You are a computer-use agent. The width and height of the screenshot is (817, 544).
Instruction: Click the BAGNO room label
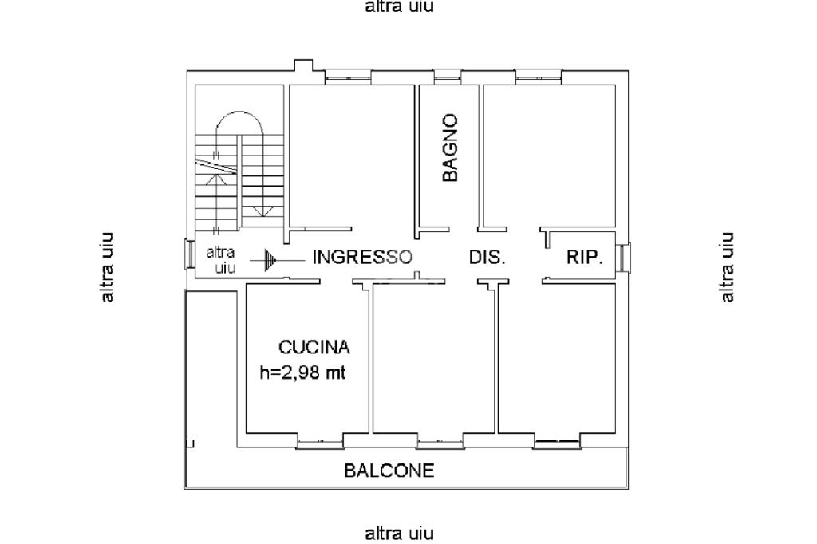click(x=450, y=148)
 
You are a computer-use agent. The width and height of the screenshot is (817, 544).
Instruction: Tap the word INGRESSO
click(x=362, y=257)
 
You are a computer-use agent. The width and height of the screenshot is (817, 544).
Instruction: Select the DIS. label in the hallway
click(x=487, y=257)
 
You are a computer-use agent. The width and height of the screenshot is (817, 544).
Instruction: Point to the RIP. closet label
click(x=585, y=257)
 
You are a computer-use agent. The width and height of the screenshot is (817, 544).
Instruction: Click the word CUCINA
click(x=314, y=347)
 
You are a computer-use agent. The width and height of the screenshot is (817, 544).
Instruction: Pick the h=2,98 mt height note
click(x=302, y=373)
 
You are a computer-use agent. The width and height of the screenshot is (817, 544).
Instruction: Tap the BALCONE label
click(x=389, y=471)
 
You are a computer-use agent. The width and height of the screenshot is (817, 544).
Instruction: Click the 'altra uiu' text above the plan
click(x=399, y=6)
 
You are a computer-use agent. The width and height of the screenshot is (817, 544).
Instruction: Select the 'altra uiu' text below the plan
click(x=399, y=534)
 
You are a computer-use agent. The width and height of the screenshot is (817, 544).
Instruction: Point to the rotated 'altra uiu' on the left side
click(x=107, y=266)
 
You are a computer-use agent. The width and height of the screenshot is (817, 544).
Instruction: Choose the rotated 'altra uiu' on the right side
click(x=727, y=266)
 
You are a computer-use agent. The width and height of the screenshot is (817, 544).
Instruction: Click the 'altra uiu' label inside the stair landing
click(x=220, y=260)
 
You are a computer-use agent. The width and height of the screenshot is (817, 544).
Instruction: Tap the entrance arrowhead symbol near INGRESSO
click(x=269, y=260)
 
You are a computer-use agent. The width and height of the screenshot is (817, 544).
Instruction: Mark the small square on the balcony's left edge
click(x=190, y=443)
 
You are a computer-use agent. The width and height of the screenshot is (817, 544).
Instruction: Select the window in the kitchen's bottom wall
click(x=320, y=443)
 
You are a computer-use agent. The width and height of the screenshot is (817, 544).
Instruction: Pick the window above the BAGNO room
click(x=448, y=77)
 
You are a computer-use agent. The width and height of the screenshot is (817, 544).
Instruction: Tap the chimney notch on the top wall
click(x=303, y=65)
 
